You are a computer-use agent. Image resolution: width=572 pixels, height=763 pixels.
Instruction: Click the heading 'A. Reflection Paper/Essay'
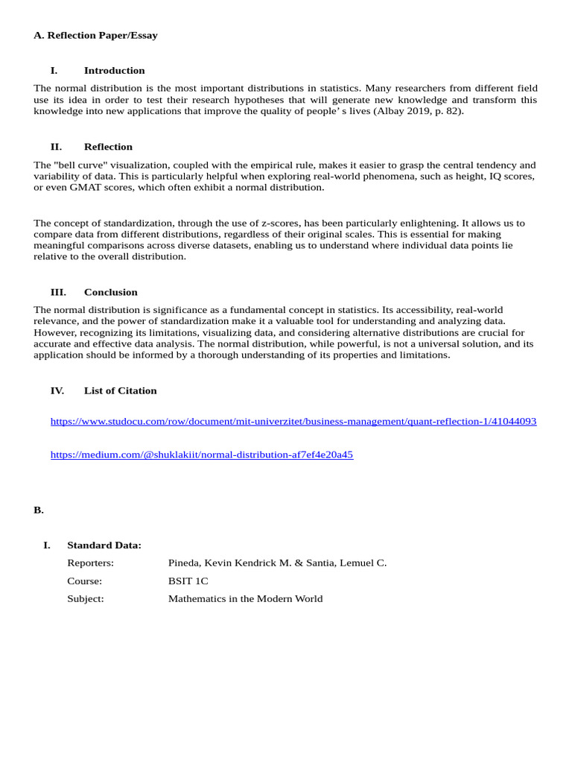95,35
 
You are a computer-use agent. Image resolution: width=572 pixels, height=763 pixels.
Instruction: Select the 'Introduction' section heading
114,71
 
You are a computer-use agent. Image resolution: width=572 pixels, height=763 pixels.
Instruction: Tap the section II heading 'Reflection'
108,147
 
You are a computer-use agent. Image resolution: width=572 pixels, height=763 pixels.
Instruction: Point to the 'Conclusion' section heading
110,292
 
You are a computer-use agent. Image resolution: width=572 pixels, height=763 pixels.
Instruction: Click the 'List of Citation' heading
120,390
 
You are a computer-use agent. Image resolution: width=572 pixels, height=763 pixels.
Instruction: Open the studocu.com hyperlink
293,422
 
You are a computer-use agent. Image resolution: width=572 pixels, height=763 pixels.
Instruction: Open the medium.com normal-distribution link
201,455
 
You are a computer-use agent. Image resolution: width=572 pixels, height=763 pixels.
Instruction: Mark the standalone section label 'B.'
39,510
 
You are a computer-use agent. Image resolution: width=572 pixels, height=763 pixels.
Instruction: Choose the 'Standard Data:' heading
104,545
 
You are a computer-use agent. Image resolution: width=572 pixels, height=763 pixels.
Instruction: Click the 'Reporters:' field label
90,563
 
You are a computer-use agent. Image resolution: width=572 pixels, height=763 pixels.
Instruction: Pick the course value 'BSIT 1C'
188,581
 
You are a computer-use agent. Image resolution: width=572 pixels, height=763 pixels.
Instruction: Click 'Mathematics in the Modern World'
245,599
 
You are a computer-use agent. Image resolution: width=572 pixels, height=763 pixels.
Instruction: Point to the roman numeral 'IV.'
57,390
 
